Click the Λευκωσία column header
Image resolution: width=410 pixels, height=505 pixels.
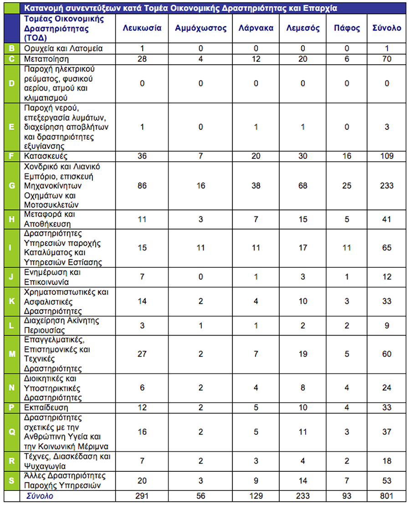pos(142,28)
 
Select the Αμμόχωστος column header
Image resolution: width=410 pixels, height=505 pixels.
pos(200,28)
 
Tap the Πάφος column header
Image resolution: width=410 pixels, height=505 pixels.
pos(347,28)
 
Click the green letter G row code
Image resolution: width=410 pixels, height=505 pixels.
pos(12,186)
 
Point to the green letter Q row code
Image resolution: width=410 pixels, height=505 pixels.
pos(12,432)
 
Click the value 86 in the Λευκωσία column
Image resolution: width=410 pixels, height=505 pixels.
pos(142,186)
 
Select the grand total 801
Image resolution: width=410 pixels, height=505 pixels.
pos(387,496)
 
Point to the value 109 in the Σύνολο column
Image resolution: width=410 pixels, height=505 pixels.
pos(387,156)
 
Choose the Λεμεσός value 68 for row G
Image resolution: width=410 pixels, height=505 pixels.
pos(303,186)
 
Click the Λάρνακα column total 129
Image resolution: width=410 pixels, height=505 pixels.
pos(256,496)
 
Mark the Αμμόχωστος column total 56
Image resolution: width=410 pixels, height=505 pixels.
pos(201,496)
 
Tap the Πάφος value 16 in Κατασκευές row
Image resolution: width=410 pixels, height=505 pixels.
pos(347,156)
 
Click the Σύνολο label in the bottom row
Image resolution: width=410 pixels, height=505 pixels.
pos(39,496)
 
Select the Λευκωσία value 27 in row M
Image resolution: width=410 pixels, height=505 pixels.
pos(142,354)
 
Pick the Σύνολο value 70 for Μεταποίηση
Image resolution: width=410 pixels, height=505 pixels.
pos(387,59)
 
